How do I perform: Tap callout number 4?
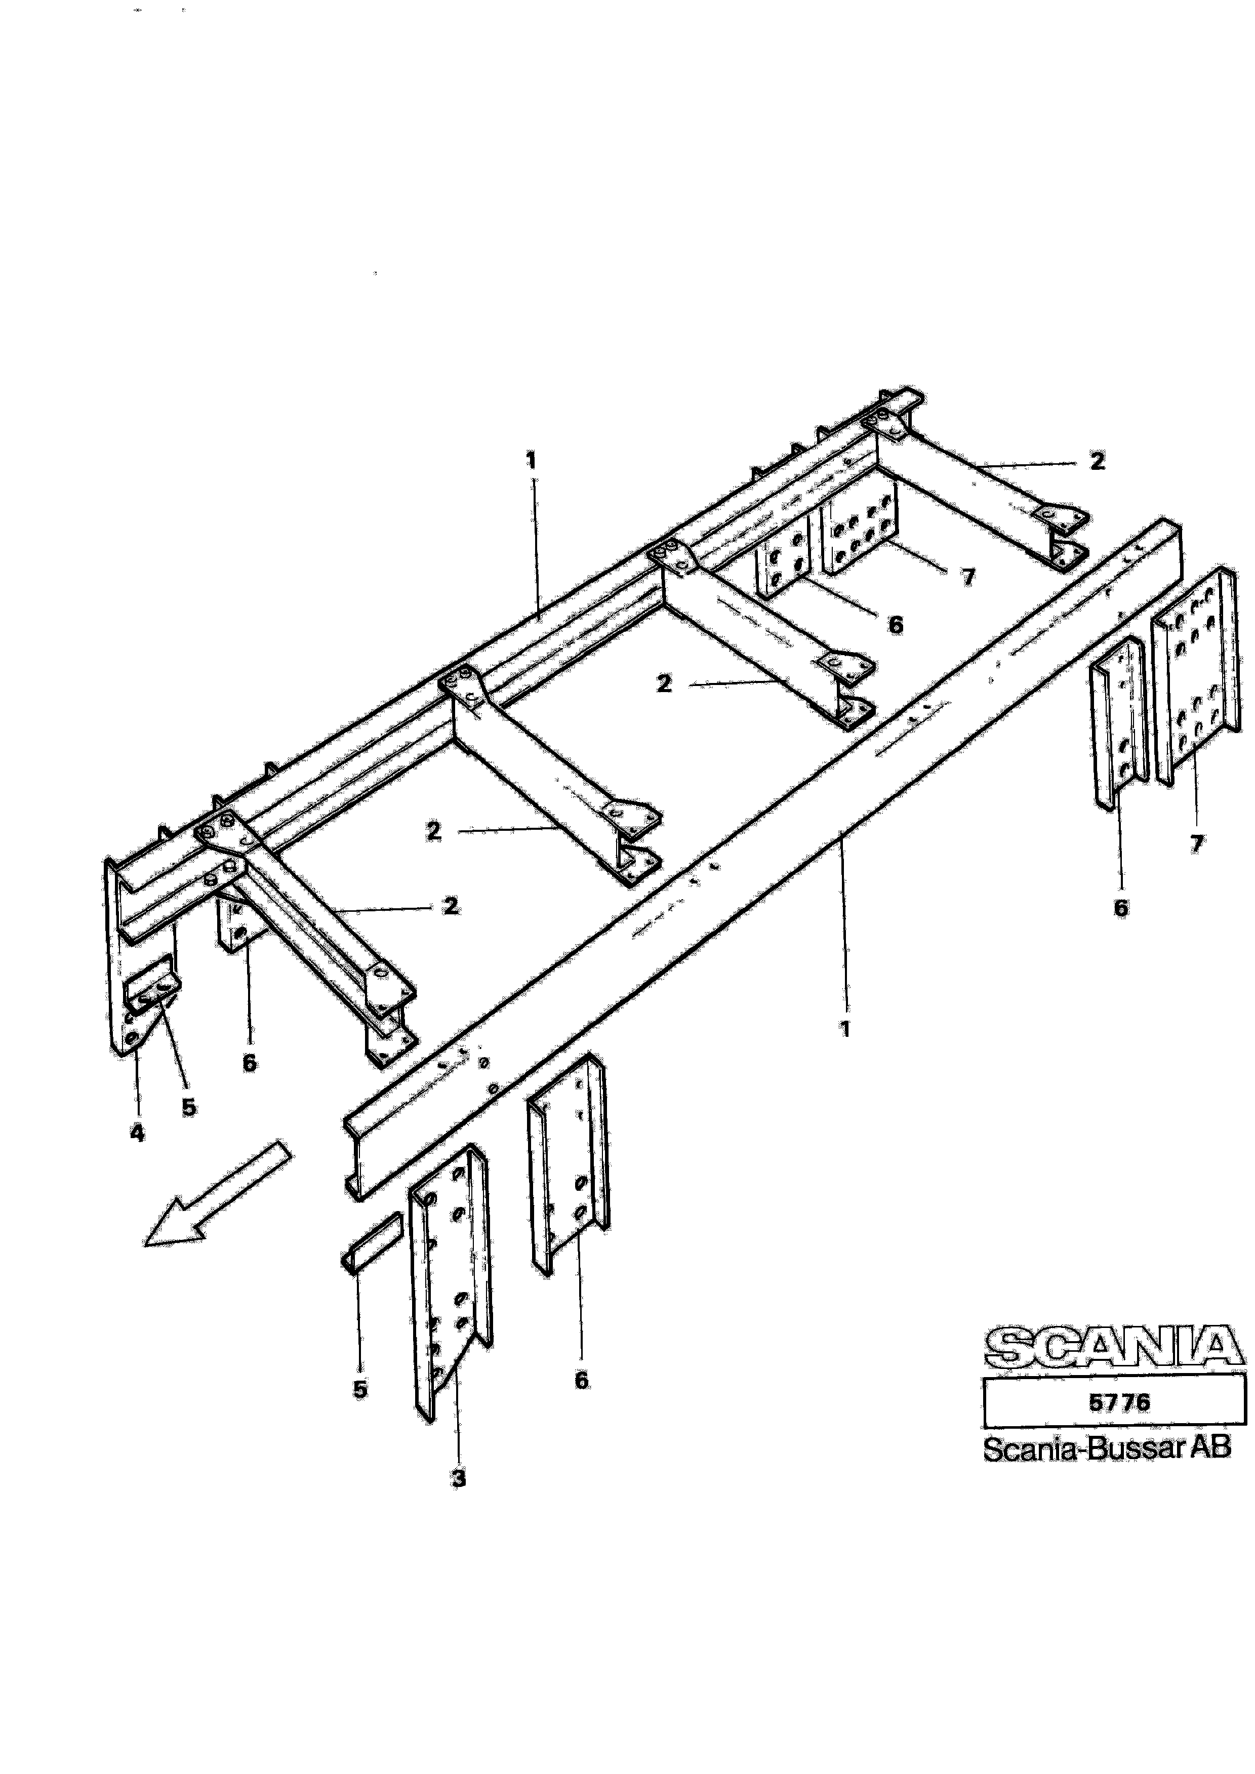(x=137, y=1133)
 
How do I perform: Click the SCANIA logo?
(x=1114, y=1347)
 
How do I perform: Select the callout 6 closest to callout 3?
(x=581, y=1380)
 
